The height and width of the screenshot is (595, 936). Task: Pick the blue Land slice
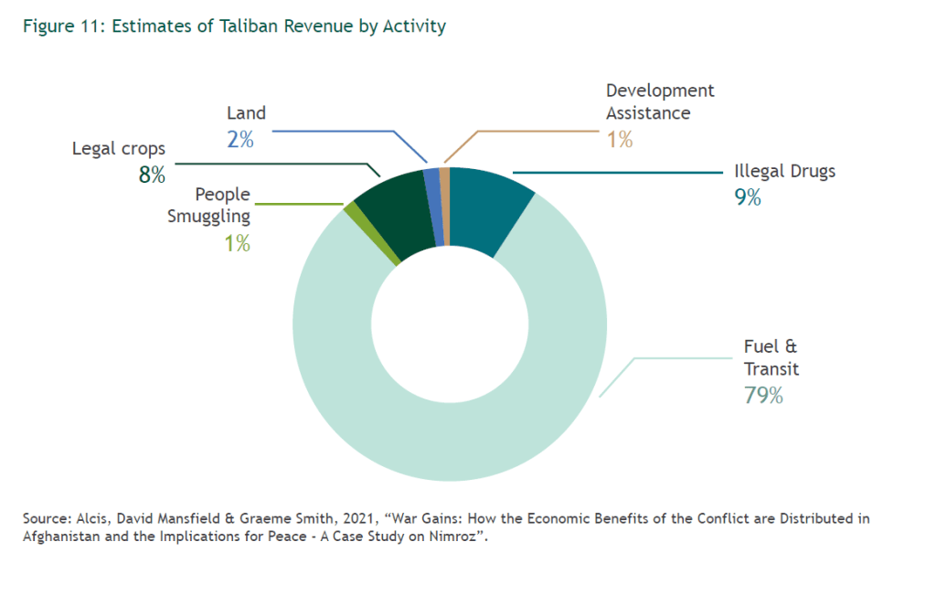tap(434, 206)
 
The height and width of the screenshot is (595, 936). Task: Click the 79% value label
tap(763, 396)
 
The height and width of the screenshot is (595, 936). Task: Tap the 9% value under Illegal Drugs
tap(748, 197)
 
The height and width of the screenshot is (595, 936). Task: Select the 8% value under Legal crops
tap(152, 175)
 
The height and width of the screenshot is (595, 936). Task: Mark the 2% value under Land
tap(240, 140)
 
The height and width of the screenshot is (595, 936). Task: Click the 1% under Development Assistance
tap(619, 140)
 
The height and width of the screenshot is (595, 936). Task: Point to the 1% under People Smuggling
tap(237, 243)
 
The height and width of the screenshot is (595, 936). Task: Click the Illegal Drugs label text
tap(784, 171)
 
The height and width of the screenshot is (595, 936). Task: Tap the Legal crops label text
tap(119, 148)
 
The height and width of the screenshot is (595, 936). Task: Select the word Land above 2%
tap(246, 113)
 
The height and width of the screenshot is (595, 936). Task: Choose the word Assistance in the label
tap(648, 113)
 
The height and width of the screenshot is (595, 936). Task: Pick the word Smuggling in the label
tap(209, 217)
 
